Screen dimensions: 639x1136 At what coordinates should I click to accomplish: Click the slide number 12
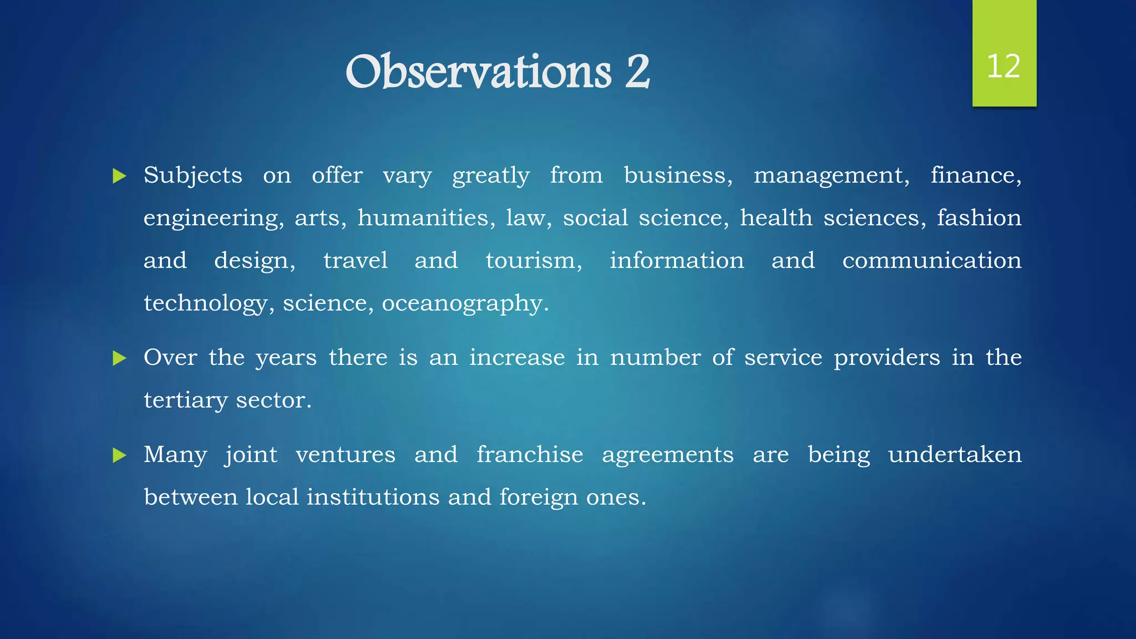pos(1003,67)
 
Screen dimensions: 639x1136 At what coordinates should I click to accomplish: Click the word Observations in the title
pos(478,72)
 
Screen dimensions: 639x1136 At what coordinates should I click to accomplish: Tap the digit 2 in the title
pos(637,72)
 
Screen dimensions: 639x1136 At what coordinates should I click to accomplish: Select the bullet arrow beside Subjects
pos(119,177)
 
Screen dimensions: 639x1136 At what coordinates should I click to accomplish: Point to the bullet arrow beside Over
pos(119,358)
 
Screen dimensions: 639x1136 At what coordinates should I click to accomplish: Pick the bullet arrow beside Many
pos(119,456)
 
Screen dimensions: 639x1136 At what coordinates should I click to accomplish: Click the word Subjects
pos(192,176)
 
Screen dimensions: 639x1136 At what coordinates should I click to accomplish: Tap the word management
pos(831,176)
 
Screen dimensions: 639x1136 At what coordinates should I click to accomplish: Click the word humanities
pos(426,217)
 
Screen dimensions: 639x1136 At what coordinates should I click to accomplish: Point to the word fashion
pos(979,217)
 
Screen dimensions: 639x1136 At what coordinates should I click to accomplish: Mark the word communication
pos(932,261)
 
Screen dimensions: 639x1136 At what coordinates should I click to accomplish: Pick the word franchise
pos(530,455)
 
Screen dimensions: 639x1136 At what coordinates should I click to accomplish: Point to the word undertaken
pos(955,455)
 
